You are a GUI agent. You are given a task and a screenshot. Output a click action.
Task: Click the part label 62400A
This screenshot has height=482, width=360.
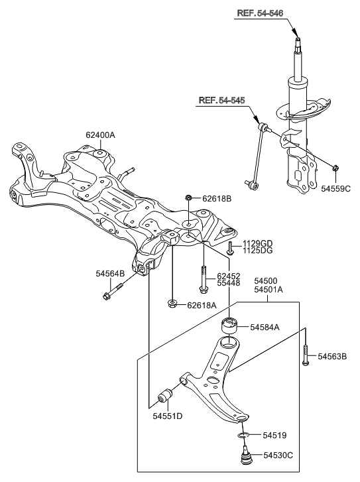click(100, 135)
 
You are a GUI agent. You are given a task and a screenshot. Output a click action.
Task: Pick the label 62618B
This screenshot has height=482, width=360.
click(216, 198)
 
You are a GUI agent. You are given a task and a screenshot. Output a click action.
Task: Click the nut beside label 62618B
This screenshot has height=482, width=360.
click(190, 198)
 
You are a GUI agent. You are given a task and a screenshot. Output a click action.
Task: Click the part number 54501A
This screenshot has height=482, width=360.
click(268, 290)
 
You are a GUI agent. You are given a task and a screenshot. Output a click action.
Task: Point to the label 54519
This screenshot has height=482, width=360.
click(272, 435)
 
